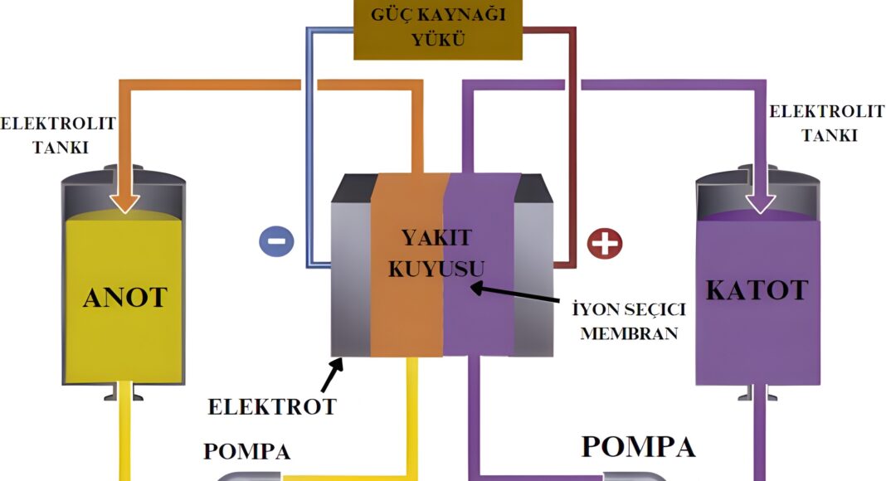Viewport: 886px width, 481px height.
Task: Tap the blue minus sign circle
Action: (276, 240)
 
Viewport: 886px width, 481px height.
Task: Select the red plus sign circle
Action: (604, 242)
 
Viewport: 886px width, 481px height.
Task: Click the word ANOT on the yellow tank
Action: (125, 297)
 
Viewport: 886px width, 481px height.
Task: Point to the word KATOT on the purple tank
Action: (757, 290)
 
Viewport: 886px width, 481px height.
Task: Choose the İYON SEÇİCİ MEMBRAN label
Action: (629, 322)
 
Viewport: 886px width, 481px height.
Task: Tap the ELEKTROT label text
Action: (272, 406)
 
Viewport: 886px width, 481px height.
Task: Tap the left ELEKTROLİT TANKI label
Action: (58, 135)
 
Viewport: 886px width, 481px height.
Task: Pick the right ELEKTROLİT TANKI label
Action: (826, 124)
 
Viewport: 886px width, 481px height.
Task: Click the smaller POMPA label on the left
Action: (247, 452)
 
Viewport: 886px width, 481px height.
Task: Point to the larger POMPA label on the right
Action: (638, 446)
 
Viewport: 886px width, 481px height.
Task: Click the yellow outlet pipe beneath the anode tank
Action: (126, 440)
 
